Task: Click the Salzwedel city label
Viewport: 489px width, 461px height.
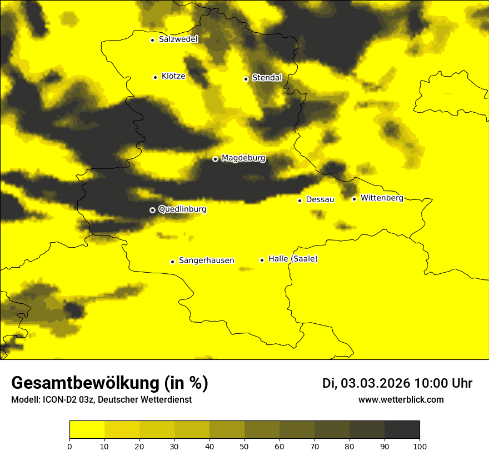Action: [x=178, y=39]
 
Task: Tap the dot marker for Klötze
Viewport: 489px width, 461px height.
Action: [x=155, y=77]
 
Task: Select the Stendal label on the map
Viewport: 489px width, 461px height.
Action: [x=267, y=78]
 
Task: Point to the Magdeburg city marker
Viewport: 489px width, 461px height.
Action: [x=216, y=159]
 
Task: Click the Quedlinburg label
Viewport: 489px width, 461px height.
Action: [x=182, y=209]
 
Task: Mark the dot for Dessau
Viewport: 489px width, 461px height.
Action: [x=300, y=201]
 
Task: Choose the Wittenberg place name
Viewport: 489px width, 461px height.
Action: [x=382, y=198]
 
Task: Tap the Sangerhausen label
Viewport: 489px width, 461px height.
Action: [x=206, y=260]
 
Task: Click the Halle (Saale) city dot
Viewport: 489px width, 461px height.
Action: [x=262, y=260]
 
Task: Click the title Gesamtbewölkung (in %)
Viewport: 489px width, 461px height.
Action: [x=109, y=383]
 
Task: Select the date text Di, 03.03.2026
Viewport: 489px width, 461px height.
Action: [x=366, y=383]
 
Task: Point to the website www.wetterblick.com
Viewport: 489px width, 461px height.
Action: [x=401, y=399]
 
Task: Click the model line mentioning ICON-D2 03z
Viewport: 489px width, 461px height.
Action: [x=101, y=399]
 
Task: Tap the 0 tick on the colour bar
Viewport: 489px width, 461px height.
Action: [x=69, y=446]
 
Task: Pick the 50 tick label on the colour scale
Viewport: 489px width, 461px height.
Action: [x=244, y=446]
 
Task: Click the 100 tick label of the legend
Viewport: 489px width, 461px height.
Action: [x=420, y=446]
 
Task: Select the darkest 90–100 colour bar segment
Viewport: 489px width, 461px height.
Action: [x=402, y=430]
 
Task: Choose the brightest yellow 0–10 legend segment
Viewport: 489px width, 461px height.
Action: [x=87, y=430]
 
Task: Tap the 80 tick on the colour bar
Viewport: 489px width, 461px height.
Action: [x=350, y=446]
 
